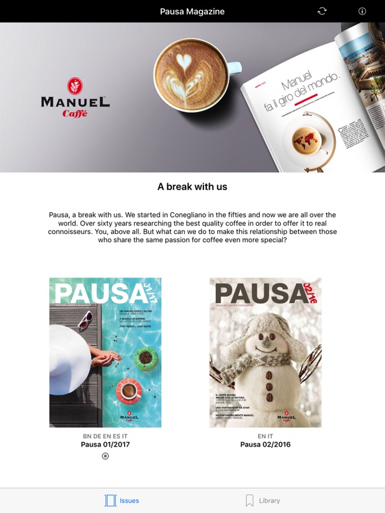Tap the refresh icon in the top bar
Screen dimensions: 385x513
click(322, 11)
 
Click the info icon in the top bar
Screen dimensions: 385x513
click(362, 11)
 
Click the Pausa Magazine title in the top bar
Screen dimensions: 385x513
click(192, 12)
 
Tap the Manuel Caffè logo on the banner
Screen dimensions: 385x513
click(75, 97)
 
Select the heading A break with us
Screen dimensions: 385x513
click(192, 187)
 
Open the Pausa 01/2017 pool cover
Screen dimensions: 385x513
click(105, 352)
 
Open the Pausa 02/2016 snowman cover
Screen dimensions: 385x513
click(265, 352)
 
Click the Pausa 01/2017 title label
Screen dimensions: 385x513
click(105, 445)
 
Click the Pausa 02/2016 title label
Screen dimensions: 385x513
click(265, 445)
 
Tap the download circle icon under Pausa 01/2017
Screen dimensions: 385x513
click(105, 456)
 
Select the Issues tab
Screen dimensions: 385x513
click(122, 501)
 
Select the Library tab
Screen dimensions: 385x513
click(263, 501)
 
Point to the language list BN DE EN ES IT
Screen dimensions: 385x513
click(105, 436)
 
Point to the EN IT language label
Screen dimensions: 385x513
click(265, 436)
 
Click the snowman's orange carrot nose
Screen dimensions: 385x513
click(269, 349)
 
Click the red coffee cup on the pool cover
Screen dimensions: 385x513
click(128, 391)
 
